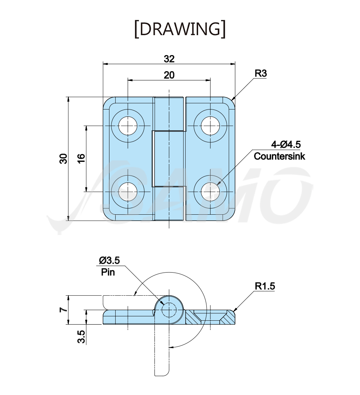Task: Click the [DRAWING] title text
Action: point(180,29)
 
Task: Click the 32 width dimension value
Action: point(169,59)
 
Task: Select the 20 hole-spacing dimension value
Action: point(169,75)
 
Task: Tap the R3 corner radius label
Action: point(261,74)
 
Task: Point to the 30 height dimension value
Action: point(64,159)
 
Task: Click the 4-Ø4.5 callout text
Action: point(286,145)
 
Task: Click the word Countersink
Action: point(279,156)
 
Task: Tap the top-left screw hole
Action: point(128,126)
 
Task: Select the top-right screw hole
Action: point(210,126)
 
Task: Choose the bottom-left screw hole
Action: point(128,192)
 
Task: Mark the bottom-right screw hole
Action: point(210,192)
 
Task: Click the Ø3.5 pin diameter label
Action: point(109,260)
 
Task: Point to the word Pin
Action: point(108,272)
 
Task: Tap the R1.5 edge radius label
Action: point(265,286)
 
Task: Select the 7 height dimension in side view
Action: point(64,310)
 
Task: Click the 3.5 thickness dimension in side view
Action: point(81,337)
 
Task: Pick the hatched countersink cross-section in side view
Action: point(210,317)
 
